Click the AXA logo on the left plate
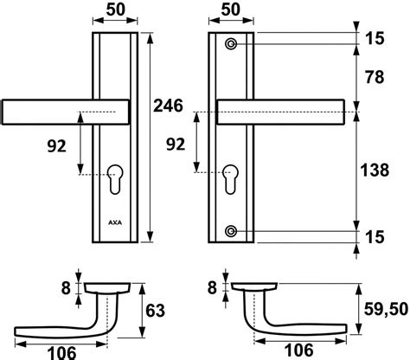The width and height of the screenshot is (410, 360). tap(115, 222)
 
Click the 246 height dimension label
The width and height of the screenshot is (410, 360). tap(168, 106)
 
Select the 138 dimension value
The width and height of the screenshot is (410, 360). tap(375, 170)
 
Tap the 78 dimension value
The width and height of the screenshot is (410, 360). tap(375, 77)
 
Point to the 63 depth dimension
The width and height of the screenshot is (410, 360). tap(156, 311)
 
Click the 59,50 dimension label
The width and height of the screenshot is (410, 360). tap(386, 309)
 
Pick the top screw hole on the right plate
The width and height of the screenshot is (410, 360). tap(231, 44)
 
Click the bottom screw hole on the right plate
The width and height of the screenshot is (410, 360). tap(231, 231)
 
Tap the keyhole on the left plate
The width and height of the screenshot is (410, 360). tap(115, 179)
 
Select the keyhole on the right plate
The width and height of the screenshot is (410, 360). tap(230, 179)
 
